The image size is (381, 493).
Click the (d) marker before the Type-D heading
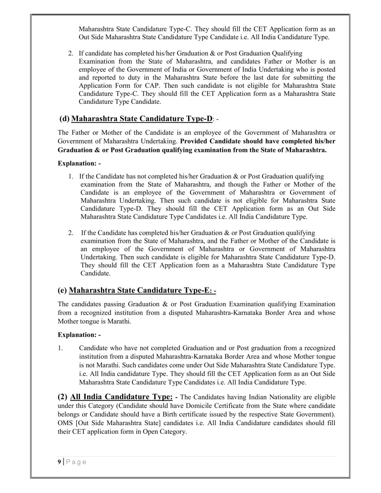click(x=65, y=119)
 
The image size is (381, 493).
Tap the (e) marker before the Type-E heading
click(x=63, y=290)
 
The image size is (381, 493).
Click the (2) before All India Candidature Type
click(x=63, y=397)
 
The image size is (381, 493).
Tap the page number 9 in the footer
click(x=59, y=462)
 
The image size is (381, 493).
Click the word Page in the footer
click(x=77, y=462)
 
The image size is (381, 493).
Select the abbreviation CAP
click(x=156, y=86)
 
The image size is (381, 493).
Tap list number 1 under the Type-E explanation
click(x=60, y=348)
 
